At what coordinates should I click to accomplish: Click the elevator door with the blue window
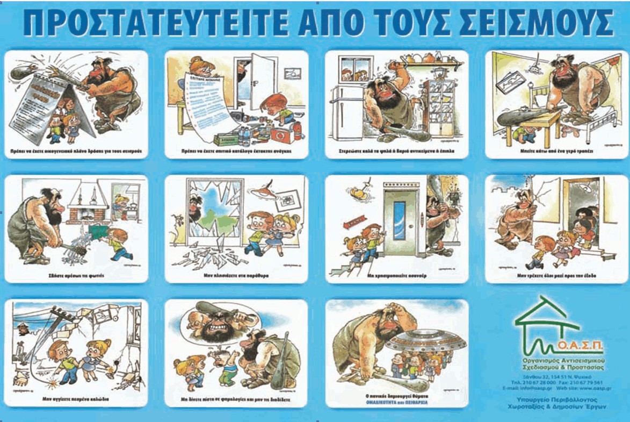click(x=400, y=218)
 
